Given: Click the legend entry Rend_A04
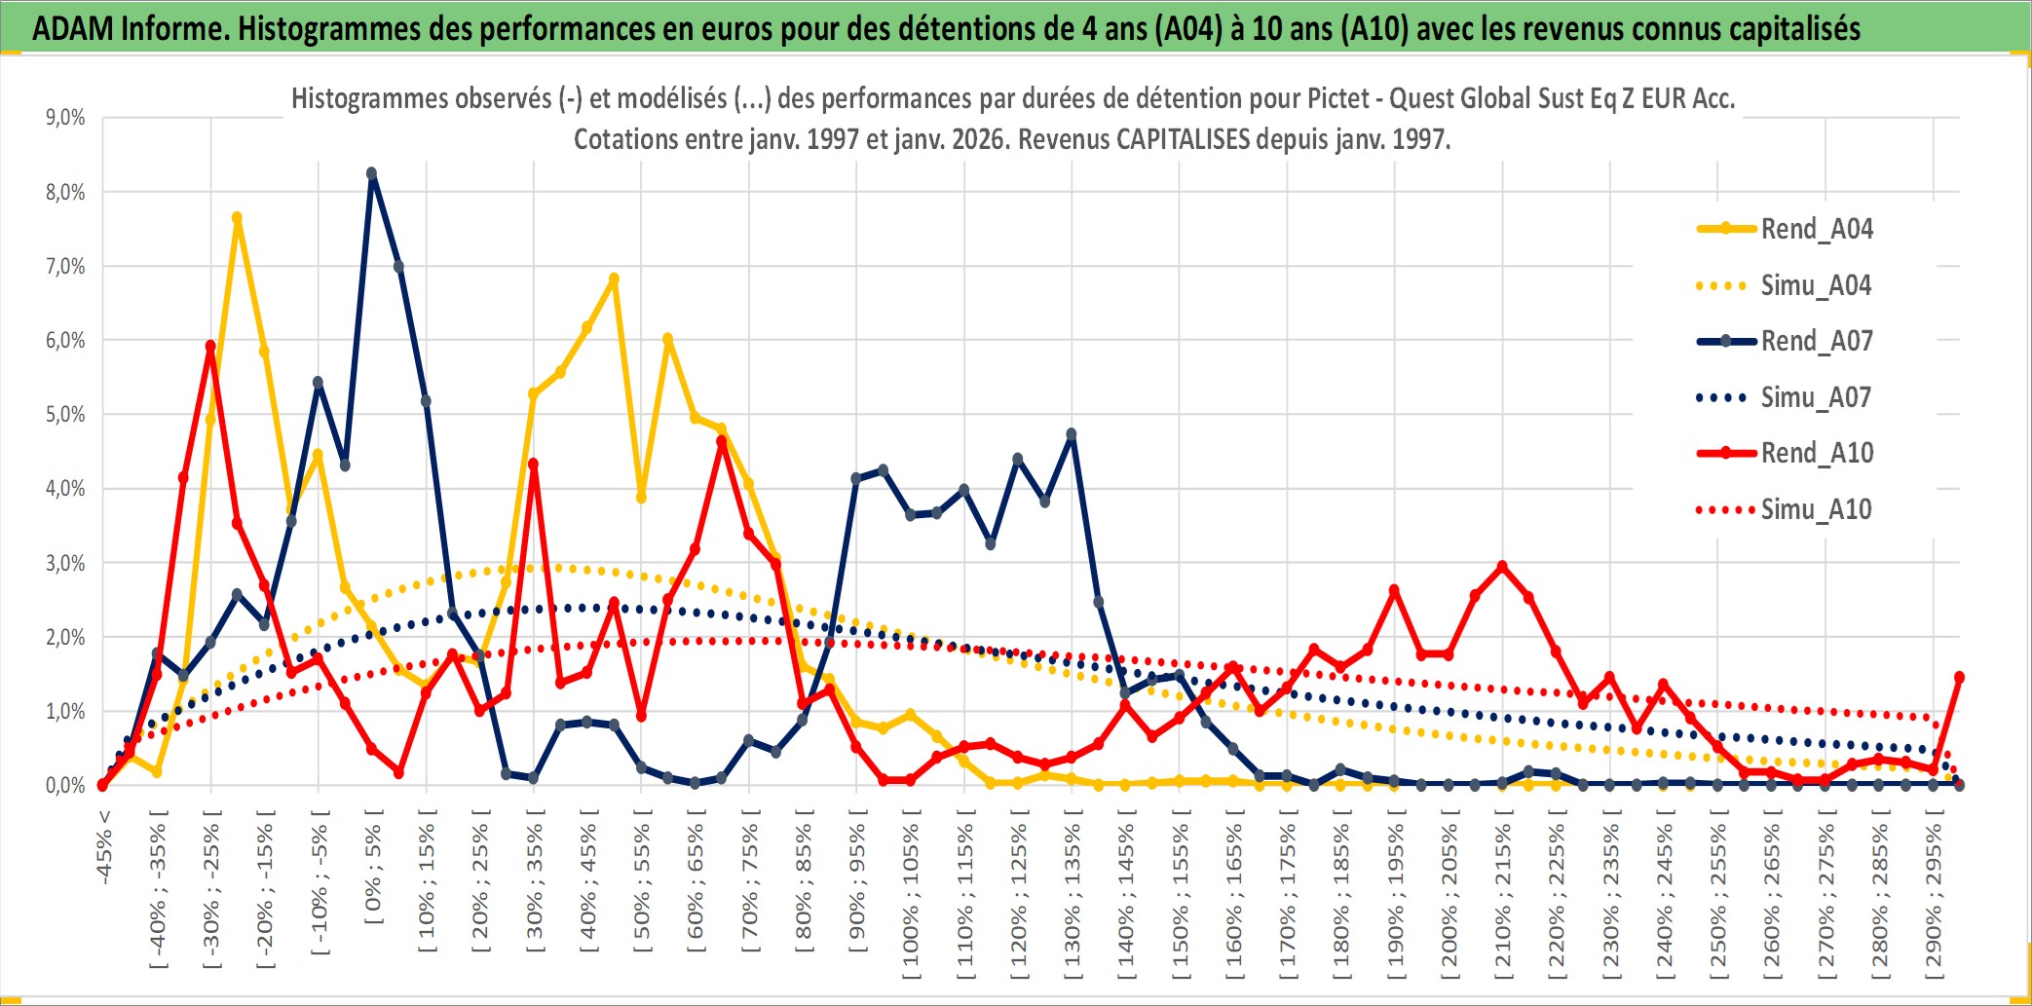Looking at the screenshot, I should [x=1816, y=229].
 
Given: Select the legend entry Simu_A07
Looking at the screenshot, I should [x=1816, y=397].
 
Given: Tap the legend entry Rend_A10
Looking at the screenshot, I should [x=1816, y=453].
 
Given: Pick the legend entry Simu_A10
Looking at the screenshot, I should [x=1816, y=509].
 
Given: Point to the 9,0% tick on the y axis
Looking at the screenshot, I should [x=65, y=118].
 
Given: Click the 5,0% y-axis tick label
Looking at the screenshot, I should [x=65, y=415].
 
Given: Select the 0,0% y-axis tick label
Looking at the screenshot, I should [x=65, y=785].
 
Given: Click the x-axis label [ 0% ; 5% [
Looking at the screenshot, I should [x=373, y=867].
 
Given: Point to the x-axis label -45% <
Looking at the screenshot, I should [x=104, y=847].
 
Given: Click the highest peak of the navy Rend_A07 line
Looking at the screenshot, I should [x=371, y=173].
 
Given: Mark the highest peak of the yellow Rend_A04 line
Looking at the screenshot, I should [x=237, y=218].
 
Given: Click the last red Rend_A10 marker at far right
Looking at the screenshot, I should [x=1959, y=677].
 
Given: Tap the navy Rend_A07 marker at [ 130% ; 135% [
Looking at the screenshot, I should [x=1072, y=434].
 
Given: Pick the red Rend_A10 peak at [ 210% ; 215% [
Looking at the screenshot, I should [x=1502, y=566].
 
